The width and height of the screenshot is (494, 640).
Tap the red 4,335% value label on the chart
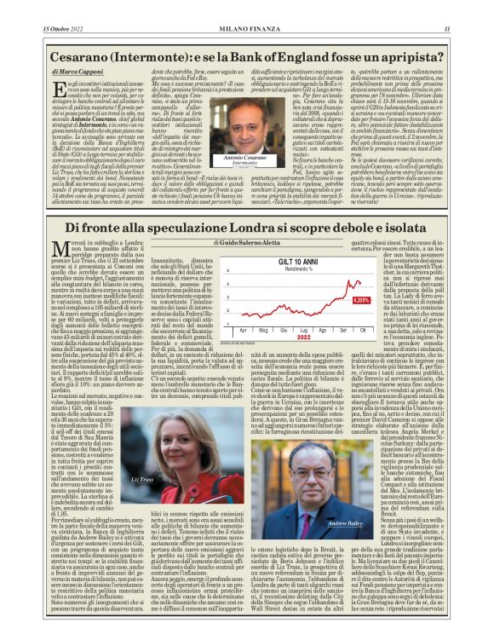coord(362,300)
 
